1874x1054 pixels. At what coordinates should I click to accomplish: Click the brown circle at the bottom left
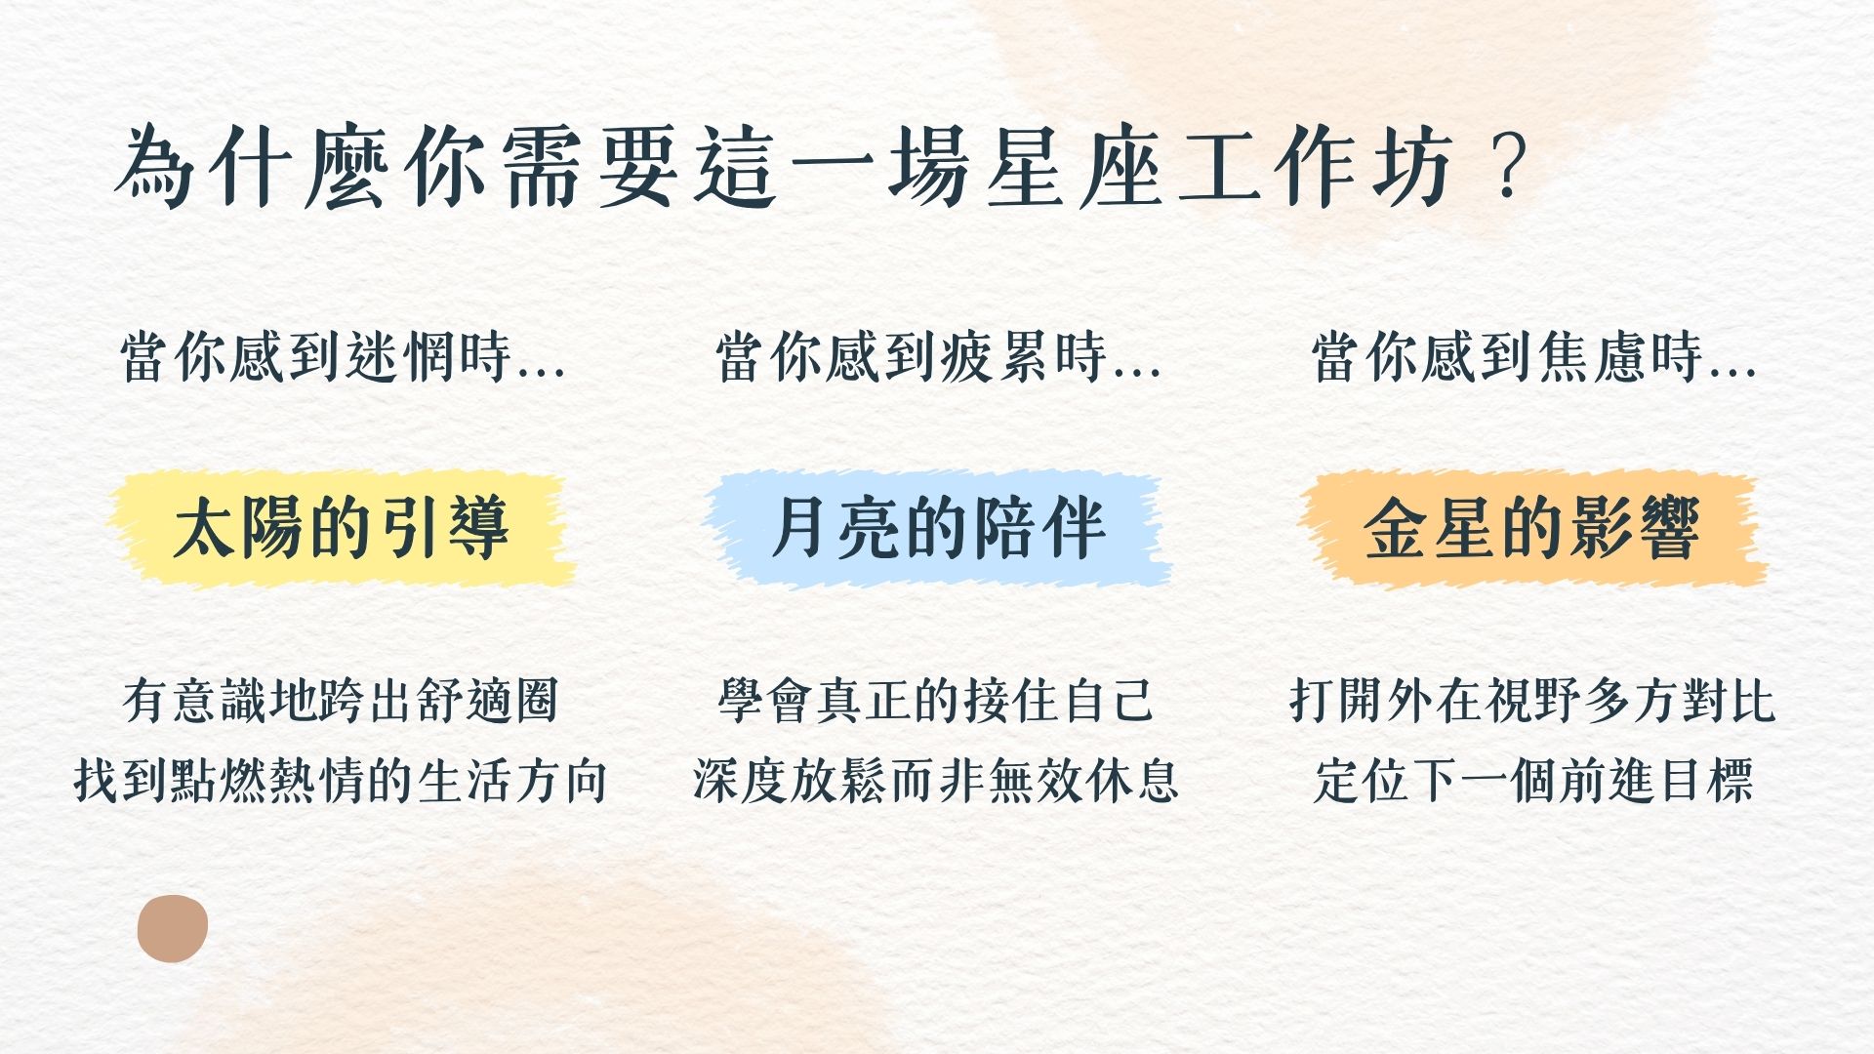[x=173, y=928]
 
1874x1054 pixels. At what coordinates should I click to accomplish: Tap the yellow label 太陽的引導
[x=341, y=528]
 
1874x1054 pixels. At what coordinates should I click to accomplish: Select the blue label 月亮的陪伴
[x=937, y=528]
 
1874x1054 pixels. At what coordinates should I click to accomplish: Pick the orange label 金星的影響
[x=1532, y=528]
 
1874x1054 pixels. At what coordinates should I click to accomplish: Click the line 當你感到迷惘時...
[x=343, y=357]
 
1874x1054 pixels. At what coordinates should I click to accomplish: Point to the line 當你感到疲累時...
[x=938, y=357]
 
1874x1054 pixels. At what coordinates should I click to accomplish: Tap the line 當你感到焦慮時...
[x=1533, y=357]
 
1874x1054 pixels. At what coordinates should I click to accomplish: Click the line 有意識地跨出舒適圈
[x=341, y=701]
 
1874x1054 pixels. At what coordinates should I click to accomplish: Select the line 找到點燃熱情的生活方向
[x=341, y=781]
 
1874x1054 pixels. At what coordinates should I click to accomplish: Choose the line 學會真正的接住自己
[x=936, y=701]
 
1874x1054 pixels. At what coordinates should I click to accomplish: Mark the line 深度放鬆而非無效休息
[x=936, y=781]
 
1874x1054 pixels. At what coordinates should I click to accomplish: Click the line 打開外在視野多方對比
[x=1532, y=701]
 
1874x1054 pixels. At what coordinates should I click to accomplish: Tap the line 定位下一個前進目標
[x=1532, y=781]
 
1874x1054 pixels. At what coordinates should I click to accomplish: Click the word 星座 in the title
[x=1074, y=169]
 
